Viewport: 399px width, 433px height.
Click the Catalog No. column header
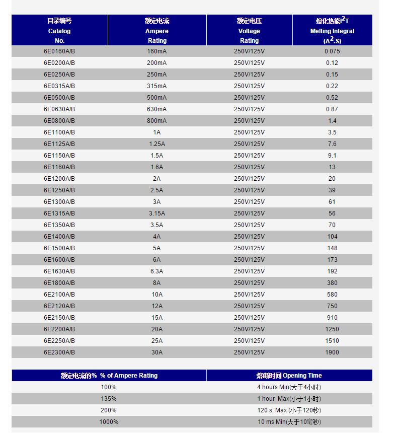[59, 31]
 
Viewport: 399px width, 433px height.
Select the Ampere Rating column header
[157, 31]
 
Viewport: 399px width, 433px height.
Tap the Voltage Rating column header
[249, 31]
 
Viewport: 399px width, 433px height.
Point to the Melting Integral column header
[332, 31]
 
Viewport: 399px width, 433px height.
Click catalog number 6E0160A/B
[59, 51]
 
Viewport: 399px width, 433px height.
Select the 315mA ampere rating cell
[157, 86]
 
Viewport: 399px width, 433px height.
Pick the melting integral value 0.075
[332, 51]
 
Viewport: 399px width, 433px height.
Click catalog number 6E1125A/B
[59, 144]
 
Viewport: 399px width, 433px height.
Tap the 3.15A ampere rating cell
[157, 213]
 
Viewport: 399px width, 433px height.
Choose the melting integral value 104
[332, 237]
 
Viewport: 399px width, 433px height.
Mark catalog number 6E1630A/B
[59, 271]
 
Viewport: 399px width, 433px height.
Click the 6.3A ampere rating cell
[157, 271]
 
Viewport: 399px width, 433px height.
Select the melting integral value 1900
[332, 352]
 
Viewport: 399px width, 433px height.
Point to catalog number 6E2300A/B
[59, 352]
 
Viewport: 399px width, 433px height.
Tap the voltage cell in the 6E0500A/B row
[249, 98]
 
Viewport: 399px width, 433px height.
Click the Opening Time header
[289, 376]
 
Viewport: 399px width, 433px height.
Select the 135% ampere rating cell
[109, 399]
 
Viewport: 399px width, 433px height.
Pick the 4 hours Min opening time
[289, 387]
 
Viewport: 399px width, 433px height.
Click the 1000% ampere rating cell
[109, 422]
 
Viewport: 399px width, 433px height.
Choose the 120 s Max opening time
[289, 410]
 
